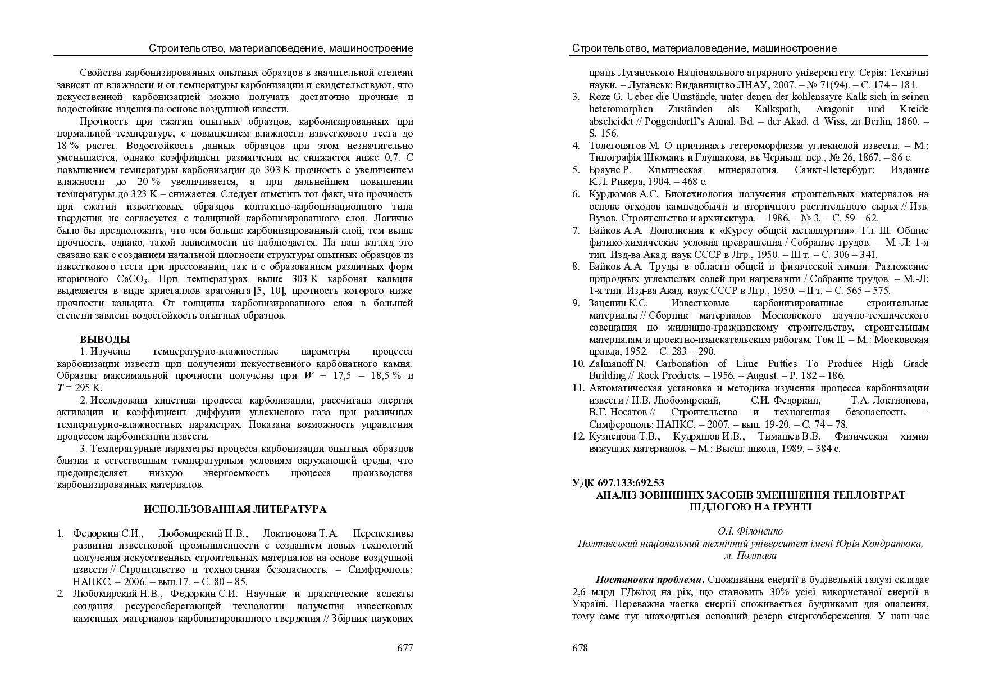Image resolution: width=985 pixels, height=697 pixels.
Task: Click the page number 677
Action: click(x=405, y=648)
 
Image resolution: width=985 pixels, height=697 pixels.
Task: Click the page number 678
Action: click(x=580, y=648)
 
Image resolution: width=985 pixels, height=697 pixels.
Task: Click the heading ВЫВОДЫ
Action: click(x=105, y=340)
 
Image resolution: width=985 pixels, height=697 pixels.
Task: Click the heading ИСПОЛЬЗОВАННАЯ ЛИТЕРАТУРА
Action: click(x=235, y=509)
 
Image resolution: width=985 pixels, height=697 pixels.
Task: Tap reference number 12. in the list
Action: click(x=578, y=437)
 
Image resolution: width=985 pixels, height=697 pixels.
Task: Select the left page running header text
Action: click(x=281, y=48)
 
